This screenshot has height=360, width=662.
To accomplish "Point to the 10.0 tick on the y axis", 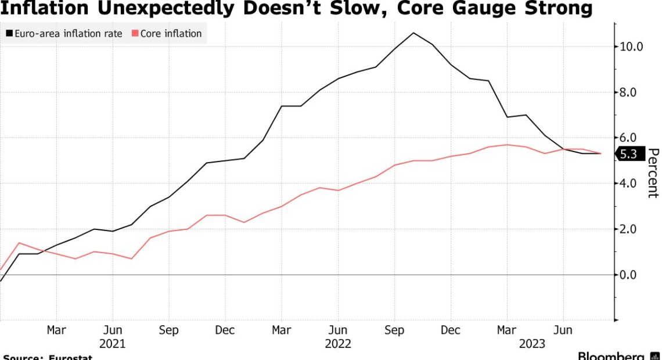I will (x=631, y=46).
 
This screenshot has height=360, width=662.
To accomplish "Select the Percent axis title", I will (x=653, y=173).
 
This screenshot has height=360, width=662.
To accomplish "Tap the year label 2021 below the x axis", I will (x=112, y=344).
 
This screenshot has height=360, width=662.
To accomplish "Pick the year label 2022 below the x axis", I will (x=338, y=344).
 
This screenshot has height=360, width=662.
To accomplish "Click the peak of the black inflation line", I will (x=413, y=33).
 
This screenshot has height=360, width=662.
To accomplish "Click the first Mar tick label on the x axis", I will (x=56, y=330).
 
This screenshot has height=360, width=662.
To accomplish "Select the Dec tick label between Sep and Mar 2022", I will (x=225, y=330).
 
